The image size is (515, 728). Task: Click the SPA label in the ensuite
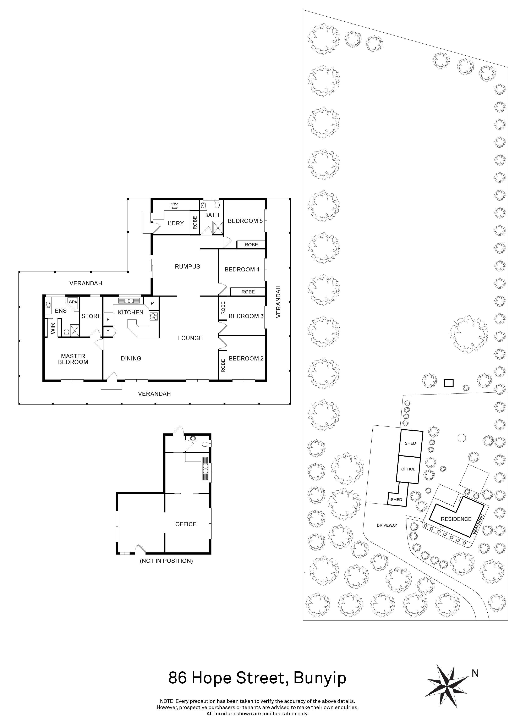[x=73, y=302]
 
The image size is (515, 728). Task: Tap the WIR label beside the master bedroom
[x=53, y=329]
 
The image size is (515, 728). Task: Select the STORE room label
[x=91, y=316]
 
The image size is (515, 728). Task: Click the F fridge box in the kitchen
[x=108, y=320]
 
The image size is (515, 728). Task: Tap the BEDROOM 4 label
[x=242, y=270]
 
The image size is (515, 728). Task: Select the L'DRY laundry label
[x=176, y=224]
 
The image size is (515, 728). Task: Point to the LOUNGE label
[x=190, y=338]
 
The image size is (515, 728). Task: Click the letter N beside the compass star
[x=475, y=673]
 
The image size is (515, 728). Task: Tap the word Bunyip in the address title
[x=320, y=679]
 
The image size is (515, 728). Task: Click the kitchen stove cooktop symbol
[x=154, y=316]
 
